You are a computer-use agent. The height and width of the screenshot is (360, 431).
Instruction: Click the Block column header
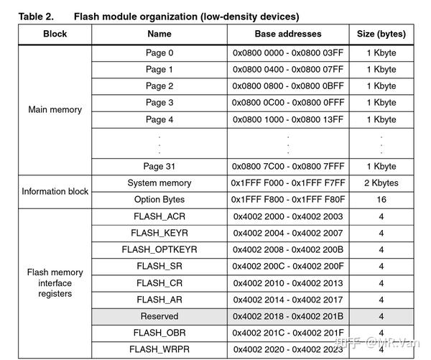[55, 34]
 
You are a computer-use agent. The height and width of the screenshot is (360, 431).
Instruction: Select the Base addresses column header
[288, 34]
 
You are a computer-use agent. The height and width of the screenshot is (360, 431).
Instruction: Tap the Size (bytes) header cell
[381, 34]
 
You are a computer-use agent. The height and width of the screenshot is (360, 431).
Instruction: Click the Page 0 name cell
[159, 53]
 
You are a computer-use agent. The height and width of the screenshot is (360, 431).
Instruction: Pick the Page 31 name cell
[159, 166]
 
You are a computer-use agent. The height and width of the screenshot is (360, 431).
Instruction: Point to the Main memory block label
[55, 110]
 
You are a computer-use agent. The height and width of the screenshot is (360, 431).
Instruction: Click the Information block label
[55, 191]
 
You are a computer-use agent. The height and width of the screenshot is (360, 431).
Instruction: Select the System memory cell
[159, 183]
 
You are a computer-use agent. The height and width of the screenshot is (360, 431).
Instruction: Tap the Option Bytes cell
[159, 200]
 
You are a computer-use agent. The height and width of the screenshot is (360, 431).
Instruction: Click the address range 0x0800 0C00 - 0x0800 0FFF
[288, 103]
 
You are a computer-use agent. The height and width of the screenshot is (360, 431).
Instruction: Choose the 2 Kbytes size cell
[381, 183]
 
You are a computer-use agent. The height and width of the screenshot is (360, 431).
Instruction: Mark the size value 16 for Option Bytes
[381, 200]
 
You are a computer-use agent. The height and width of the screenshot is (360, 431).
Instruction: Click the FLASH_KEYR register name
[159, 233]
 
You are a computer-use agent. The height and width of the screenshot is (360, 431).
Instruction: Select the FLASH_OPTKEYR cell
[159, 249]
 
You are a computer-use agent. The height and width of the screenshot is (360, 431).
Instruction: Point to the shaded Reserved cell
[159, 316]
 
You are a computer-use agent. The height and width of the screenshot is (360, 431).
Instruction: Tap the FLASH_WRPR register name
[159, 349]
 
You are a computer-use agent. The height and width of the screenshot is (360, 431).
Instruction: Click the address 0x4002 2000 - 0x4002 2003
[288, 216]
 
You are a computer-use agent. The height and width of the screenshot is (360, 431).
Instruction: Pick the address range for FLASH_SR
[288, 266]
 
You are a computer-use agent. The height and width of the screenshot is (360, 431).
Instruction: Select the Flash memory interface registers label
[55, 282]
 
